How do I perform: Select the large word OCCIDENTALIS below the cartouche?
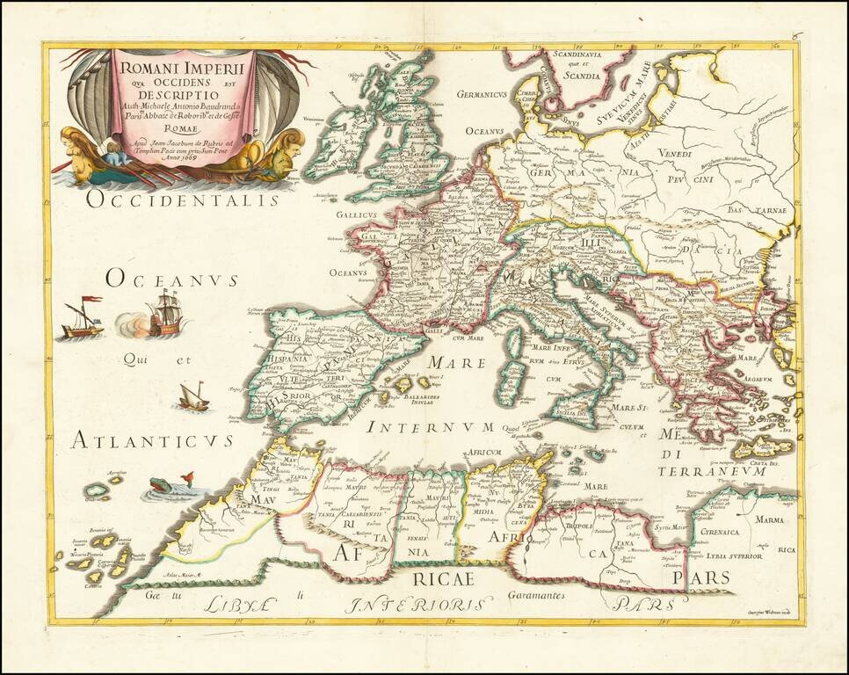[x=182, y=200]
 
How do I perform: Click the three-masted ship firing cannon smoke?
[x=165, y=317]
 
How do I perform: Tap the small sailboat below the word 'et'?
[x=194, y=397]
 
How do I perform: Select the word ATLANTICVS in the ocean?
[x=152, y=439]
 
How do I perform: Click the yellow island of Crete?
[x=761, y=446]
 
